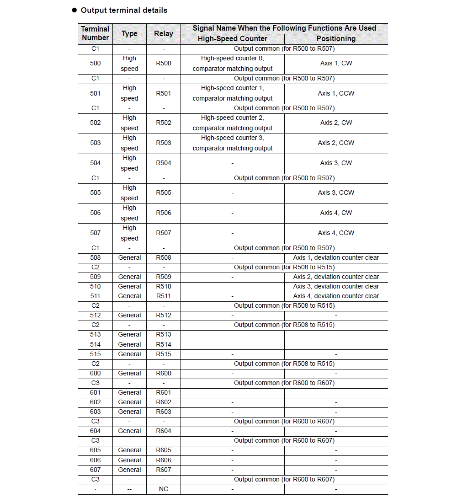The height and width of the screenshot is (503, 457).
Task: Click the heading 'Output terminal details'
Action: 124,10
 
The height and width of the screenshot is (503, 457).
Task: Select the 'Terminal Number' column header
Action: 95,33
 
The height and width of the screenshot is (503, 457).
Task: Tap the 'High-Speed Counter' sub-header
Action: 232,39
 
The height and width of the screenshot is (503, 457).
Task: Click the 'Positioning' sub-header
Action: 336,39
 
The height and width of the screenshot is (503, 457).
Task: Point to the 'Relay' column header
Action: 164,33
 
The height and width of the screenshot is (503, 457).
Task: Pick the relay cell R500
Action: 164,63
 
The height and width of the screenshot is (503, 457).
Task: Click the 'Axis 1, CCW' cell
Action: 336,93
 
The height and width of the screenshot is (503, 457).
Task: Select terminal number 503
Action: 95,143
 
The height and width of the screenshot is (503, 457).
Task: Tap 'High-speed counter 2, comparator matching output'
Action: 232,123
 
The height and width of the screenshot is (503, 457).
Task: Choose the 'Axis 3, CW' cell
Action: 336,163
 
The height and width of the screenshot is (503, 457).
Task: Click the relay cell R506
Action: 164,213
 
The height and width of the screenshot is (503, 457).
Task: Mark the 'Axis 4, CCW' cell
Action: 336,233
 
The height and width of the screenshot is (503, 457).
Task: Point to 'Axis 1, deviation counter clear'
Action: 336,257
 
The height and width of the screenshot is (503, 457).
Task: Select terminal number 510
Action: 95,286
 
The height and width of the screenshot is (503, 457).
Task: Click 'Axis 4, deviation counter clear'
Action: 336,296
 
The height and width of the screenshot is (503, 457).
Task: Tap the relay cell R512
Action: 164,315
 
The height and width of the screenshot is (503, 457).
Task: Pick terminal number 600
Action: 95,373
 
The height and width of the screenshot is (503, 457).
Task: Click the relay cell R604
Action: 164,431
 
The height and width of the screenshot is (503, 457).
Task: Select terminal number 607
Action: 95,470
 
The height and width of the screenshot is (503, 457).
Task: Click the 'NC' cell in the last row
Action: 164,489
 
